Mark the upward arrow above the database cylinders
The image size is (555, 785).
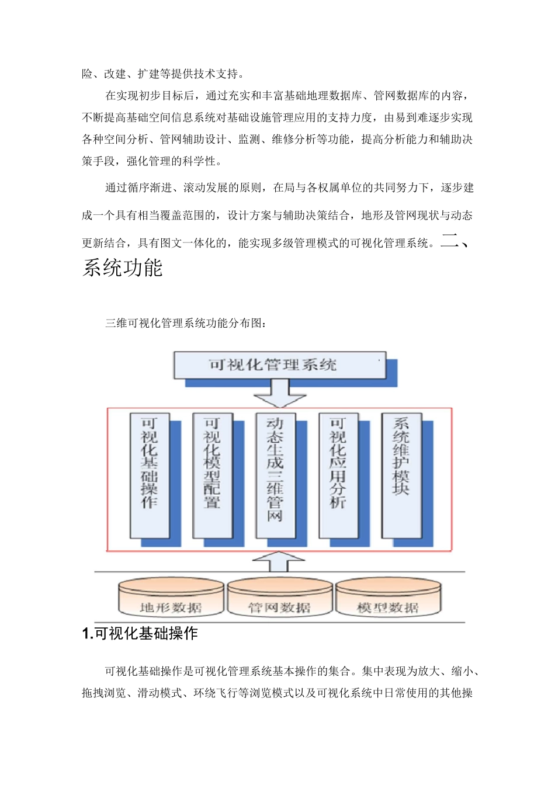279,561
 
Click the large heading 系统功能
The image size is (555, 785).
123,268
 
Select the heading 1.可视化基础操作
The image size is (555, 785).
140,634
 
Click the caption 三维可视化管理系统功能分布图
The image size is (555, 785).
186,323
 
